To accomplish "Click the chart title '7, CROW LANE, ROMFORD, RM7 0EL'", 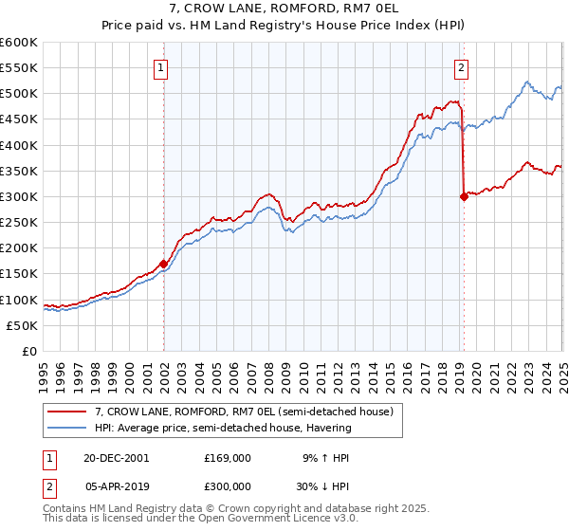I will (x=284, y=10).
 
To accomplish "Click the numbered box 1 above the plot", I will (x=163, y=67).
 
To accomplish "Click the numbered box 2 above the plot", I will (x=461, y=67).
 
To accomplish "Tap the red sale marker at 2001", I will (x=164, y=264).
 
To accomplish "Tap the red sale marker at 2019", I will (x=464, y=196).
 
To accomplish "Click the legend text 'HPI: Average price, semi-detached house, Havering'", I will (x=223, y=428).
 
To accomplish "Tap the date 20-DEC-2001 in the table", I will (x=116, y=457).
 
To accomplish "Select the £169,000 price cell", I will (x=227, y=457).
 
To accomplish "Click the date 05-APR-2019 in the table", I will (x=116, y=485).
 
